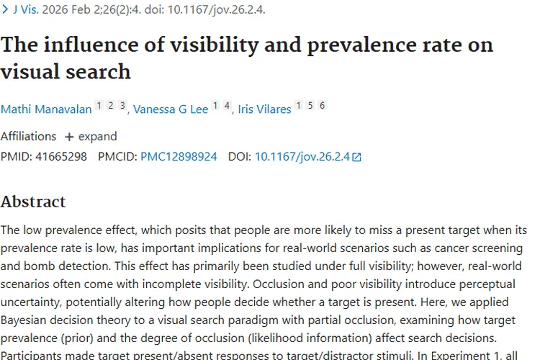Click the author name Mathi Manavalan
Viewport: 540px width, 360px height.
click(x=46, y=109)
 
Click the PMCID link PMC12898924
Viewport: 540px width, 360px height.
click(x=179, y=156)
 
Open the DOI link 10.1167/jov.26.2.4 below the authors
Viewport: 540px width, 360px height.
click(x=302, y=156)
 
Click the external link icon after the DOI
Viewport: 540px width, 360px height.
click(x=356, y=157)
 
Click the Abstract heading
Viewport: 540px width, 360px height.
click(x=33, y=202)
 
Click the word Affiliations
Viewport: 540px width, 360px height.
click(x=28, y=136)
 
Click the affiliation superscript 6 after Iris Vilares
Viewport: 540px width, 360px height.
click(x=322, y=106)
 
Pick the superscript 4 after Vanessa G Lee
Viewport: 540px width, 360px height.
click(x=227, y=106)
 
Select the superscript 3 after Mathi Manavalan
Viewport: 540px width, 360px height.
click(x=122, y=106)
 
